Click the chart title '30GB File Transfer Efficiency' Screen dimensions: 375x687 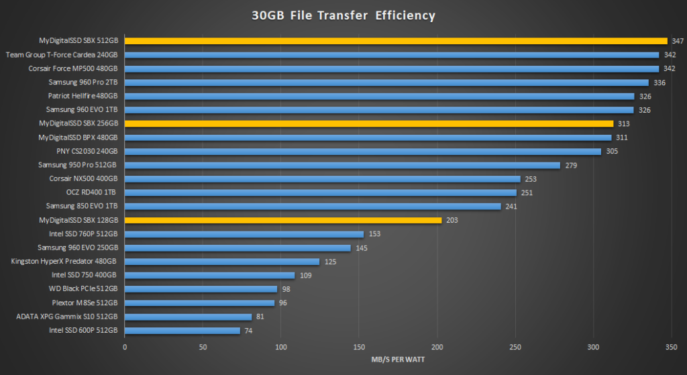click(x=343, y=15)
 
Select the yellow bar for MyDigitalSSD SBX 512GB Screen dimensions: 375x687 click(x=396, y=41)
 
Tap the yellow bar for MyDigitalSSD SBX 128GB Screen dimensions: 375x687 click(x=282, y=220)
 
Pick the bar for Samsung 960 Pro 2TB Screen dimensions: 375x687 click(x=386, y=83)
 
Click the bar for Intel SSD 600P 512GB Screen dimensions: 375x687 click(x=182, y=330)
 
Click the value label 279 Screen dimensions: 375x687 click(x=572, y=165)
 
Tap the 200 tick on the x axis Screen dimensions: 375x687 click(x=437, y=347)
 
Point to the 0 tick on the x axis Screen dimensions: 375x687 click(x=125, y=347)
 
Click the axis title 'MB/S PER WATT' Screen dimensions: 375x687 click(x=397, y=360)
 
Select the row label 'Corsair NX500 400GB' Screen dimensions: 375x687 click(x=83, y=178)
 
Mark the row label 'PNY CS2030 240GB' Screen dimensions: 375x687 click(x=87, y=151)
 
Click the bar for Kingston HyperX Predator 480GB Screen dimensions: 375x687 click(x=221, y=262)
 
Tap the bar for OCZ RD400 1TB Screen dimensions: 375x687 click(x=320, y=193)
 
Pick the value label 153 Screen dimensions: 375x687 click(x=375, y=234)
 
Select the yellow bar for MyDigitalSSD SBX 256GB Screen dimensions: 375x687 click(x=368, y=123)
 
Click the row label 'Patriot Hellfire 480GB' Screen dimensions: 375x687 click(x=83, y=96)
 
